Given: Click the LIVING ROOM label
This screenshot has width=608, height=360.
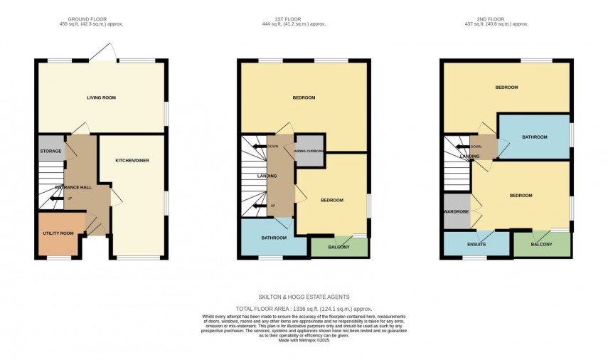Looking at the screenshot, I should (101, 97).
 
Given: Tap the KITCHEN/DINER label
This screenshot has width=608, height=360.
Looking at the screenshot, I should (132, 160).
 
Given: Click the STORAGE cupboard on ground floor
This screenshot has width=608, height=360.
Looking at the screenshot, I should (50, 151).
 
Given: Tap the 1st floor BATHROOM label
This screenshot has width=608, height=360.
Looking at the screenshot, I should (273, 238).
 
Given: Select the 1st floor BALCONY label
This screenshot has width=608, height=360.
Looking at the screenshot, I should (339, 247).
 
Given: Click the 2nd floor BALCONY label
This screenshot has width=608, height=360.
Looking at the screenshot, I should (542, 244).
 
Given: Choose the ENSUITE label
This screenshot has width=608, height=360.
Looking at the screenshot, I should (476, 244).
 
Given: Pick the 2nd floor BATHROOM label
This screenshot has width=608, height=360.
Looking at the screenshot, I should (533, 137).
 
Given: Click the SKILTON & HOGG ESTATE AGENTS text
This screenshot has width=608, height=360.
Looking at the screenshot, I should (304, 297).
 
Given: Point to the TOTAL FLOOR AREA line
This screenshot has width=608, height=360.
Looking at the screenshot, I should (304, 309).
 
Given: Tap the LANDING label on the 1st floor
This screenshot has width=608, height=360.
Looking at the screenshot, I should (267, 176).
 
